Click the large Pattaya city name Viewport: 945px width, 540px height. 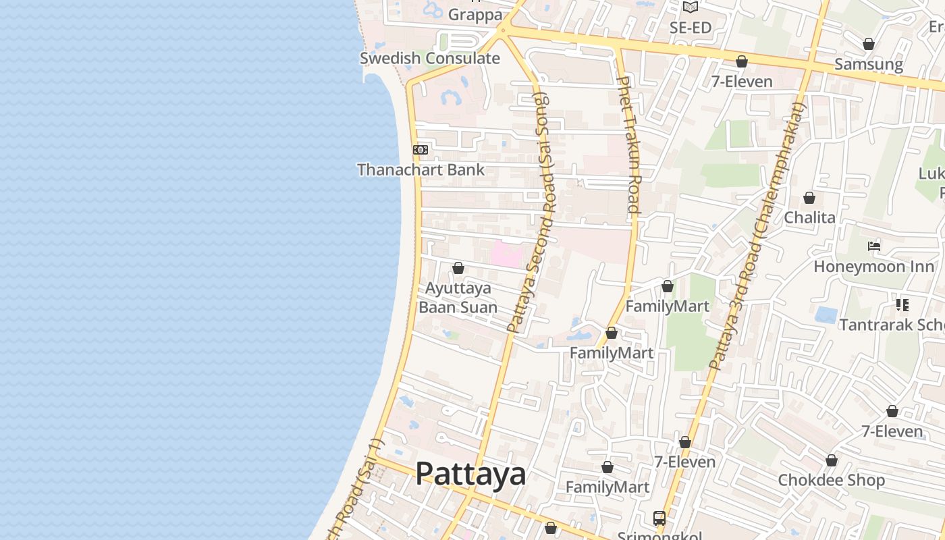click(470, 473)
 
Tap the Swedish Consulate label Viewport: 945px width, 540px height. click(429, 58)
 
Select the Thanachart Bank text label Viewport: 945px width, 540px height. click(421, 169)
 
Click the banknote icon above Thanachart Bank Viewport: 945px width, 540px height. click(421, 150)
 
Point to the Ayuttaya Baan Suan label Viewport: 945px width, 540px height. click(458, 298)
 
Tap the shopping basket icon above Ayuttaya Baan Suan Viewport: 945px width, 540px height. click(458, 269)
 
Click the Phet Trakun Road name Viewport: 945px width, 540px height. click(628, 144)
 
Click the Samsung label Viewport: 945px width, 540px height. click(869, 64)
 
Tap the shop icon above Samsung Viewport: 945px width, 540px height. click(869, 44)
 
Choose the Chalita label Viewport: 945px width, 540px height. click(809, 217)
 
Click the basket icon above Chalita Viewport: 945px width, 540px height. click(809, 198)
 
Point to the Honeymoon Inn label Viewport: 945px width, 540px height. click(874, 266)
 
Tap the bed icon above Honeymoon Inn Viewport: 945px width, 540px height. click(874, 246)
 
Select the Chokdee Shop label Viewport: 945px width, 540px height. click(831, 480)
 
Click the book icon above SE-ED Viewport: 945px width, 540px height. click(690, 7)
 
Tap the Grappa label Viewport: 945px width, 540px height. click(475, 14)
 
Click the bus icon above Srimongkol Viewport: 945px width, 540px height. click(659, 518)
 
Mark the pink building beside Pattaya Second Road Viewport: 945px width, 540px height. click(507, 254)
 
